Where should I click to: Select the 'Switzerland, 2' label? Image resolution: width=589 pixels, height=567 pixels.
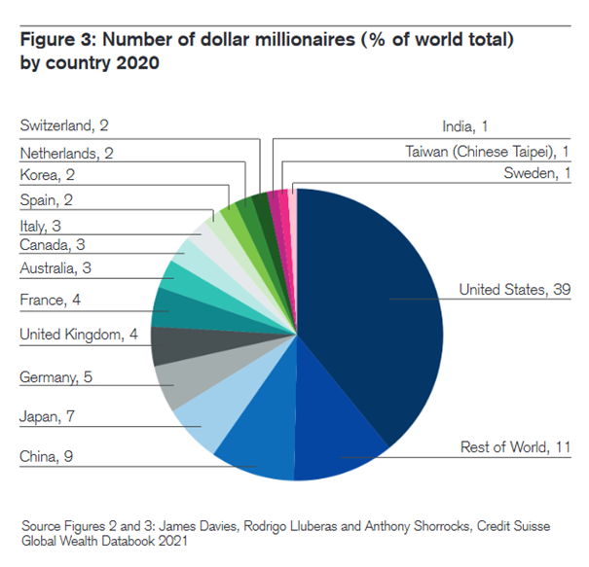65,125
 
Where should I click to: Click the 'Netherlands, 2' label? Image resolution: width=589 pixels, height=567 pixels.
67,152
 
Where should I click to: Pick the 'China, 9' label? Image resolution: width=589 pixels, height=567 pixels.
47,456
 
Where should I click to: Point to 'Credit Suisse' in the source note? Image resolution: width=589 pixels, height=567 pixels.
509,526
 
